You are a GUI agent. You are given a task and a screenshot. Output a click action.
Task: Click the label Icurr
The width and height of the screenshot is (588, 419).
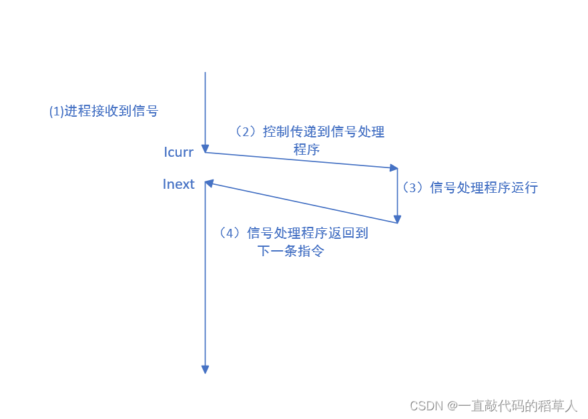pos(178,152)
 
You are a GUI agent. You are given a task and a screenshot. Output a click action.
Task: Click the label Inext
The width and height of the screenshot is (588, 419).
pos(178,184)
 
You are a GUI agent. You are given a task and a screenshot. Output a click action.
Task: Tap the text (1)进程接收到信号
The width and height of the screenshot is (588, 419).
pos(103,111)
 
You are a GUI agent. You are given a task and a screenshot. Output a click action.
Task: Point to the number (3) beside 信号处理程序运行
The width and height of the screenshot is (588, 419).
pos(413,188)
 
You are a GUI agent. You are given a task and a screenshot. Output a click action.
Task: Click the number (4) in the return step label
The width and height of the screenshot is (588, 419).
pos(229,234)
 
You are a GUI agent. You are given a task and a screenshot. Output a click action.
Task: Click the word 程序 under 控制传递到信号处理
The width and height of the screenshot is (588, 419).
pos(306,149)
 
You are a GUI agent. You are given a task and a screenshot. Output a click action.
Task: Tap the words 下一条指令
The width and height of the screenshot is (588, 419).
pos(291,252)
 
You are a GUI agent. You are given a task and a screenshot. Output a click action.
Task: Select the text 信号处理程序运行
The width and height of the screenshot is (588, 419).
pos(483,188)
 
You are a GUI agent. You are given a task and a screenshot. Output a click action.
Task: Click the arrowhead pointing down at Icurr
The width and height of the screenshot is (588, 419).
pos(205,148)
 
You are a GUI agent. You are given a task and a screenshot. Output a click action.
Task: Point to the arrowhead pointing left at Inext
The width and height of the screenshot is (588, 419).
pos(209,183)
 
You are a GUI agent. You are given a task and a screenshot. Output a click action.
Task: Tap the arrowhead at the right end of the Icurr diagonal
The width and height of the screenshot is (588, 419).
pos(394,168)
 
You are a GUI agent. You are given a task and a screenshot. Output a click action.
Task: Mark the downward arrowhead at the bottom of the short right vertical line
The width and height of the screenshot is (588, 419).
pos(398,218)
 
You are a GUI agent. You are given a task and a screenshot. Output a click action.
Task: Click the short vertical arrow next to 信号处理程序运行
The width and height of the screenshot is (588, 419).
pos(398,193)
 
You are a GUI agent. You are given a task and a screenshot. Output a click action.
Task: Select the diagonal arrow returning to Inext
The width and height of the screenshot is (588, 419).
pos(300,203)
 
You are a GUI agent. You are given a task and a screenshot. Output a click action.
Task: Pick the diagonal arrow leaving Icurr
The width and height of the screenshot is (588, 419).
pos(300,161)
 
